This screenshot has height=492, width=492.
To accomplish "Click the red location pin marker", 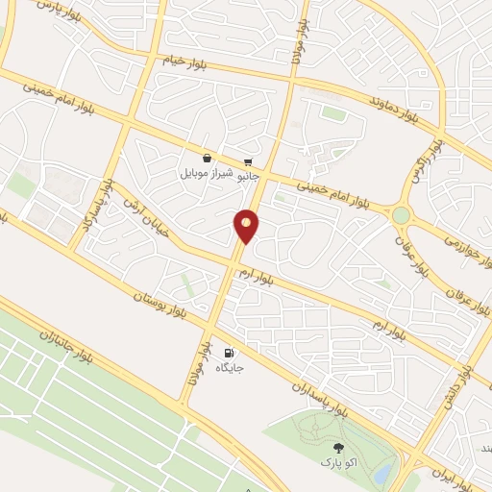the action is click(247, 225).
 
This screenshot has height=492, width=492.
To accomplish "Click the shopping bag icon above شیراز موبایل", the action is click(207, 159).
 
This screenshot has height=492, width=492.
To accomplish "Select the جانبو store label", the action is click(249, 177).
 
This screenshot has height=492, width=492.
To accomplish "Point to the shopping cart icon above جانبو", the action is click(249, 160).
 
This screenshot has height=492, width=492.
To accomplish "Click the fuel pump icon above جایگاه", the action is click(230, 352).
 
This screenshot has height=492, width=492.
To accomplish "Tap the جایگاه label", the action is click(230, 368).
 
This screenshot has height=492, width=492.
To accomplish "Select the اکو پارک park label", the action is click(337, 463).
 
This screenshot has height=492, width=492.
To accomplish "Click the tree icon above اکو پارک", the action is click(337, 447).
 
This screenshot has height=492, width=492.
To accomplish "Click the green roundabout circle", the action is click(402, 215).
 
